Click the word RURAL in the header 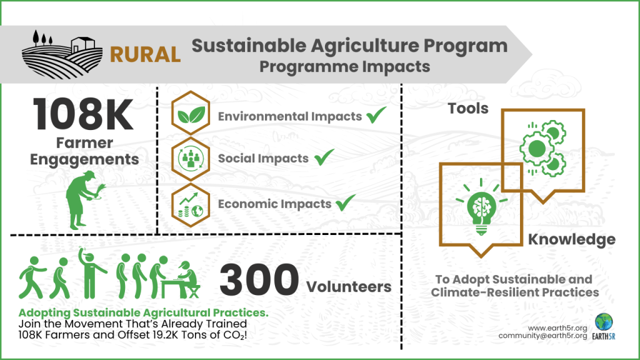point(145,54)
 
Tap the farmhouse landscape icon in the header point(62,54)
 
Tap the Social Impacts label point(263,159)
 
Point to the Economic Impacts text point(274,204)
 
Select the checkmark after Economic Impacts point(345,203)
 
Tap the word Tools point(468,109)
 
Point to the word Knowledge point(571,239)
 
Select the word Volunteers point(349,287)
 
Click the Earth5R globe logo point(604,322)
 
